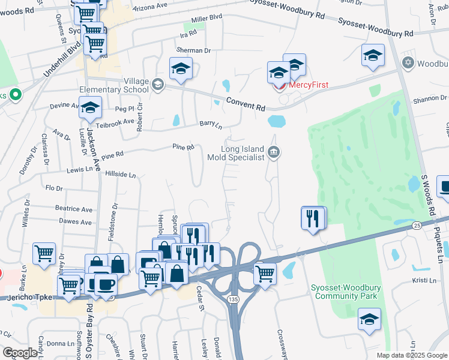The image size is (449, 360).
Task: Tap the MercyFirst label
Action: click(309, 85)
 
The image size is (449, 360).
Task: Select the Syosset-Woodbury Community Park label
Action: click(345, 292)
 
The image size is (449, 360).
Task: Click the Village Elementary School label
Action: click(114, 86)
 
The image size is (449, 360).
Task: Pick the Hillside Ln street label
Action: click(121, 175)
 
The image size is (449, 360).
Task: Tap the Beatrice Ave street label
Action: click(74, 209)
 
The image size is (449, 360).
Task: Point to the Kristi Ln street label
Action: click(427, 280)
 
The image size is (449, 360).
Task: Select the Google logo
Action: click(20, 353)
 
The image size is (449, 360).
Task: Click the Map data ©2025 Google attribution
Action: click(411, 355)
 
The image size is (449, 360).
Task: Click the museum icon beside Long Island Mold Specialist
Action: click(274, 152)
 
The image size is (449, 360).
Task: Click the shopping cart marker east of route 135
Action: click(265, 273)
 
